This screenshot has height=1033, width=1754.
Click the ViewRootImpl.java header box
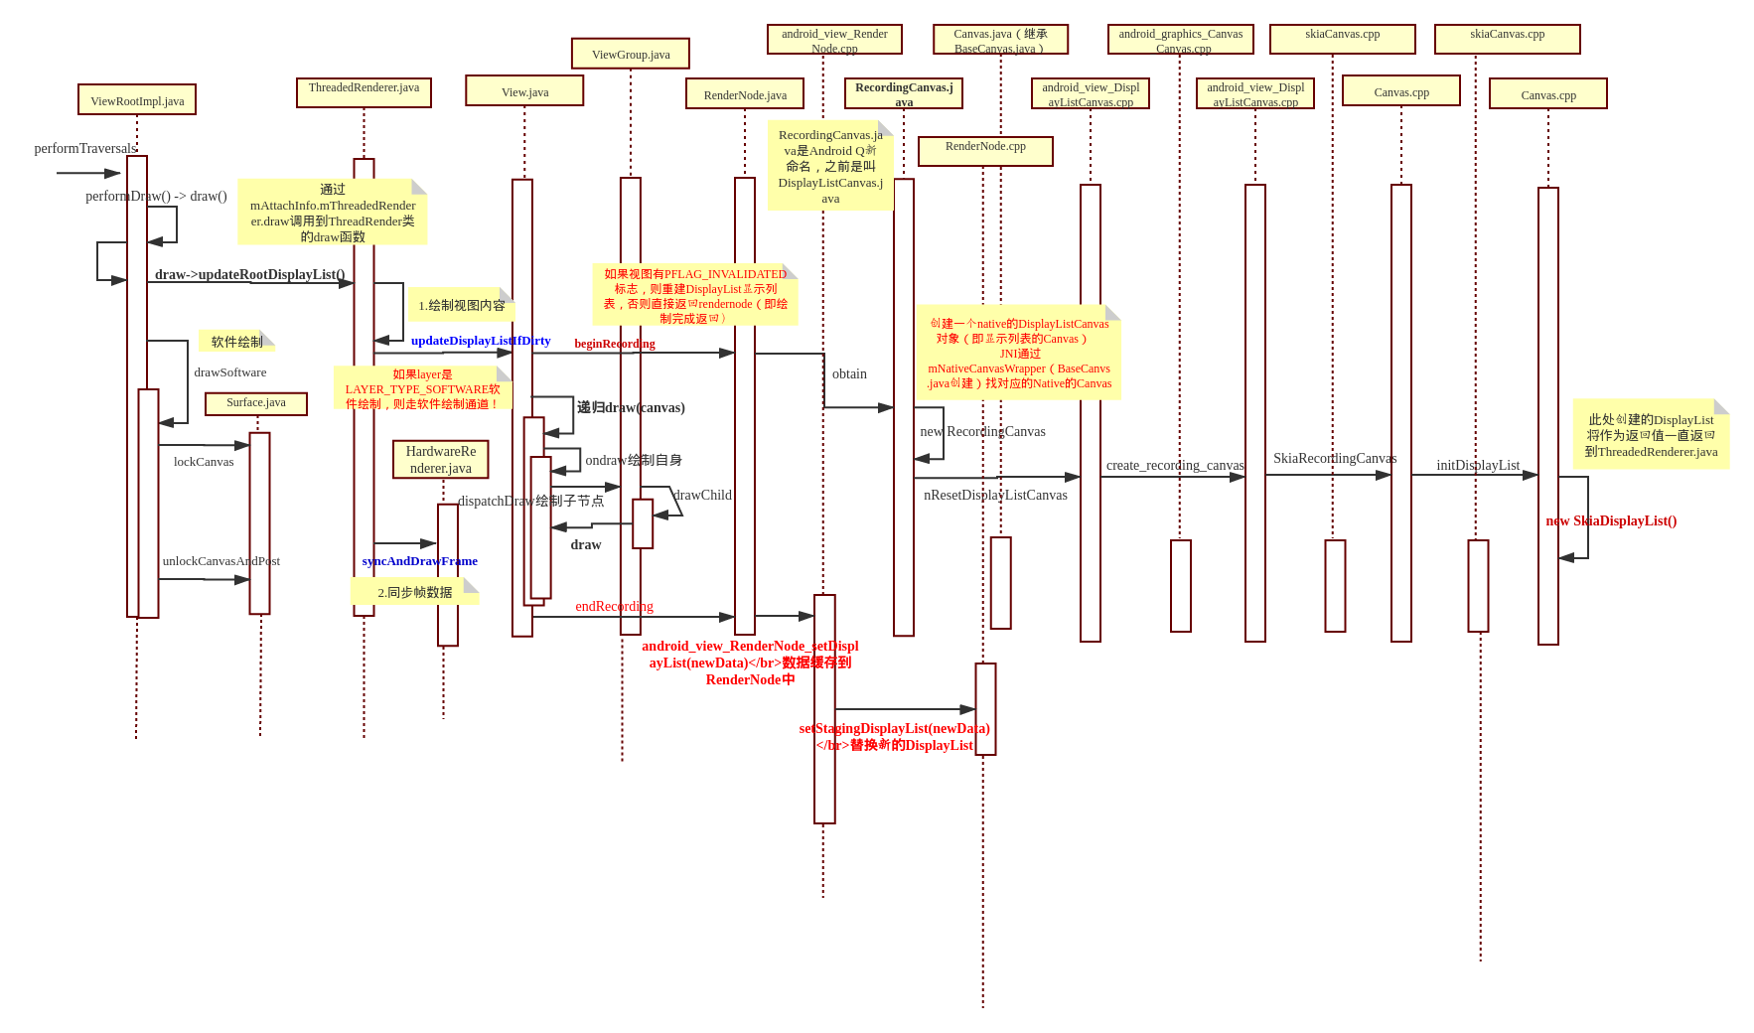(x=137, y=100)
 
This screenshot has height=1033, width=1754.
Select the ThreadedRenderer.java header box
(x=364, y=92)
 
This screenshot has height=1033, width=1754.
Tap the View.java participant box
(x=524, y=91)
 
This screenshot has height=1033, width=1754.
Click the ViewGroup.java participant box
(x=631, y=54)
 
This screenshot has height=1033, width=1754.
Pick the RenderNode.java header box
(x=745, y=94)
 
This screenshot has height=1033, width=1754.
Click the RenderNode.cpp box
(x=985, y=151)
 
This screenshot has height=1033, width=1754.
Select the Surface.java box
(x=256, y=403)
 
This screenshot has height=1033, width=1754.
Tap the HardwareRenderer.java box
(x=441, y=460)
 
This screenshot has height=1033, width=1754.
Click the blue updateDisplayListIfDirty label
(x=481, y=341)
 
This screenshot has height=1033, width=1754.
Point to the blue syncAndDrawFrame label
(x=419, y=561)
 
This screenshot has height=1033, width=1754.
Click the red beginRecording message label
(x=615, y=344)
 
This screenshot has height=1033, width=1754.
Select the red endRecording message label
(x=615, y=607)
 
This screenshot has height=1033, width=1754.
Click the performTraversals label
(x=85, y=149)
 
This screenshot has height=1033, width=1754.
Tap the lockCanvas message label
(x=204, y=462)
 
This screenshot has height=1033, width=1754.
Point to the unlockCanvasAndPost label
(x=221, y=561)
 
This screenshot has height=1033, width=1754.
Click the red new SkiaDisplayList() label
(x=1611, y=521)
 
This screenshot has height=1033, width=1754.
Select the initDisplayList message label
(x=1478, y=466)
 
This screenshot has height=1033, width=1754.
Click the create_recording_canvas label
(x=1175, y=466)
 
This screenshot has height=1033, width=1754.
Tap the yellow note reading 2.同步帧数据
(x=414, y=593)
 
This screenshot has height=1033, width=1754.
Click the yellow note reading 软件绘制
(x=236, y=342)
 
